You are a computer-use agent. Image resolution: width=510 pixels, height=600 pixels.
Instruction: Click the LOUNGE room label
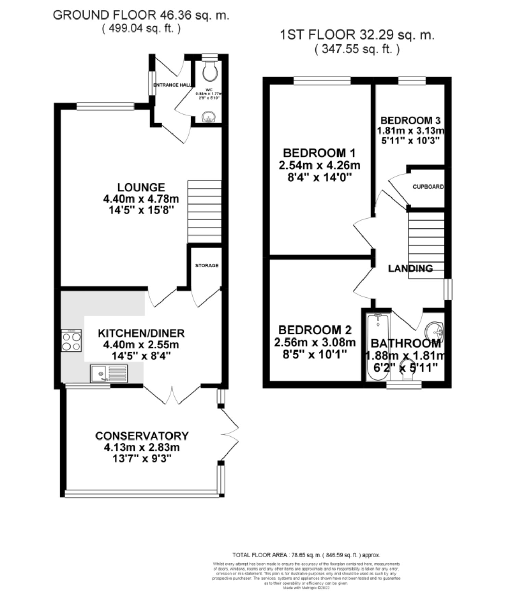pyautogui.click(x=141, y=187)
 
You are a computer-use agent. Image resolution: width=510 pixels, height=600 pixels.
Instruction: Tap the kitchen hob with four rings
pyautogui.click(x=72, y=340)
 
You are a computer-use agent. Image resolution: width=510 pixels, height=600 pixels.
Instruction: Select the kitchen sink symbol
pyautogui.click(x=109, y=373)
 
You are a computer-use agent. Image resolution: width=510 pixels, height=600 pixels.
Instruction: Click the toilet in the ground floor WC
pyautogui.click(x=209, y=70)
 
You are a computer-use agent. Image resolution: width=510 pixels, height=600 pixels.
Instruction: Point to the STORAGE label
pyautogui.click(x=207, y=265)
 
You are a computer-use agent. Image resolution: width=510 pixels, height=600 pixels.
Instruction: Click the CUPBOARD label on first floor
pyautogui.click(x=428, y=187)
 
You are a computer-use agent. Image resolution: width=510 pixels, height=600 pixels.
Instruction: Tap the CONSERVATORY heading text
pyautogui.click(x=142, y=436)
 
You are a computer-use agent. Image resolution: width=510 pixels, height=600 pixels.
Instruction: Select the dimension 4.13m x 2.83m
pyautogui.click(x=142, y=447)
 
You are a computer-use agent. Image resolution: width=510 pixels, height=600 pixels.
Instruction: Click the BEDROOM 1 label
pyautogui.click(x=319, y=153)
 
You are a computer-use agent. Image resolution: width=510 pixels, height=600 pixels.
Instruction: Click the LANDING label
pyautogui.click(x=410, y=268)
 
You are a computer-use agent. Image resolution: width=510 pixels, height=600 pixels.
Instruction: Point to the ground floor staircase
pyautogui.click(x=204, y=212)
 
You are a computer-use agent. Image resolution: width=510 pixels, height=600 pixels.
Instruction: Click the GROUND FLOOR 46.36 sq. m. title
pyautogui.click(x=141, y=15)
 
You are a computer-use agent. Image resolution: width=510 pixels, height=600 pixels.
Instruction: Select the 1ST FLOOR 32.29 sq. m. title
pyautogui.click(x=357, y=35)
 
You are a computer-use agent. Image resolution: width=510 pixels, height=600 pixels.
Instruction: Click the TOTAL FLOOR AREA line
pyautogui.click(x=306, y=555)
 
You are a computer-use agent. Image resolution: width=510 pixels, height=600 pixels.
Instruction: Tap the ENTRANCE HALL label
pyautogui.click(x=172, y=85)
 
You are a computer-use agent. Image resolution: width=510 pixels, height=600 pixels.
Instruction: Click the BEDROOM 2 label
pyautogui.click(x=315, y=330)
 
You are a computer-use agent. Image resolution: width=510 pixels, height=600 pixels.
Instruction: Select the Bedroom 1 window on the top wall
pyautogui.click(x=322, y=80)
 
